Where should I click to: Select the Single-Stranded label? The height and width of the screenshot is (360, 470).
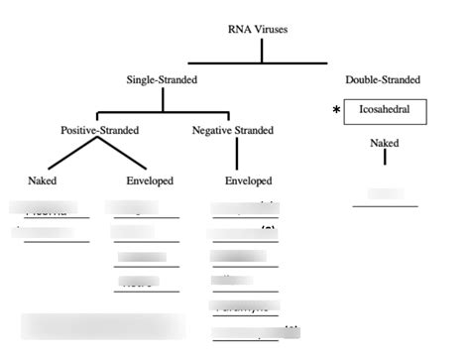(x=161, y=79)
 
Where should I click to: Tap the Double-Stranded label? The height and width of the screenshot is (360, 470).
(x=383, y=79)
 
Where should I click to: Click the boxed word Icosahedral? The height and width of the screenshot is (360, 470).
(x=385, y=111)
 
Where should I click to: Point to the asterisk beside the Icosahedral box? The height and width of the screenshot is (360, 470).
(x=337, y=112)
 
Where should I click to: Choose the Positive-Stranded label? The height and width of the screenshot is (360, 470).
(x=99, y=130)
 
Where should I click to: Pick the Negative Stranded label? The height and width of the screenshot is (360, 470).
(x=235, y=130)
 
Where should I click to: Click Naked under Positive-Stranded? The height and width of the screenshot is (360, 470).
(x=43, y=180)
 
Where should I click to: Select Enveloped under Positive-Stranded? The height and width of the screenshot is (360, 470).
(x=150, y=180)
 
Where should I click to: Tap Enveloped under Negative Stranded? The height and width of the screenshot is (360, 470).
(x=248, y=180)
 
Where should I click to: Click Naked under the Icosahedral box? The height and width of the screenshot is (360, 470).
(x=385, y=144)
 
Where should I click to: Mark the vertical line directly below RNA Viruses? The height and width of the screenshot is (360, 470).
(x=262, y=50)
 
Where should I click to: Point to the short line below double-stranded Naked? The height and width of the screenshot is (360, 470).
(x=385, y=157)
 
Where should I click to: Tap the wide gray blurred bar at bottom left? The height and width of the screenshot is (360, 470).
(x=102, y=326)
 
